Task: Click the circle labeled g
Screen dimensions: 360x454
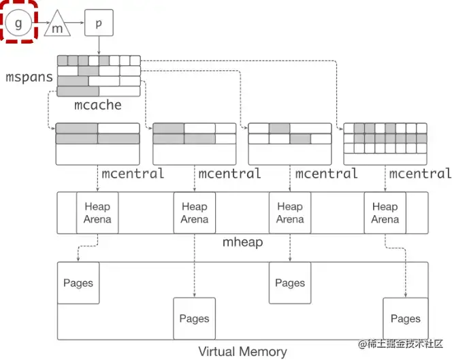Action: (18, 23)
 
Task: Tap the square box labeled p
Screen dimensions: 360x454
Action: (99, 23)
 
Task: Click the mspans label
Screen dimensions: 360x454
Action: (29, 77)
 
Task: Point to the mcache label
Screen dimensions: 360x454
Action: (98, 105)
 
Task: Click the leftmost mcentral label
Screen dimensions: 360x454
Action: (133, 174)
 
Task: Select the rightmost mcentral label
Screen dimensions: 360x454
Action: (421, 174)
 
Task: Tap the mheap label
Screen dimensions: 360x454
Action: (243, 242)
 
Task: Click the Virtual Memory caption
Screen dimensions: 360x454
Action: (242, 351)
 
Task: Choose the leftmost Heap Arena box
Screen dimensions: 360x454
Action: (97, 213)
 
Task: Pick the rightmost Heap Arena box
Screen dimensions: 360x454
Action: (385, 213)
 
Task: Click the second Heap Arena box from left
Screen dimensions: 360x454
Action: (194, 213)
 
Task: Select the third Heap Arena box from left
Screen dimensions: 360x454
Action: (289, 213)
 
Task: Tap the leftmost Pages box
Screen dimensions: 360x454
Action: (78, 283)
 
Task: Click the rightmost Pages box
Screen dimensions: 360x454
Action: (405, 318)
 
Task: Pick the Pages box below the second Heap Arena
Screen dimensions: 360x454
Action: (194, 318)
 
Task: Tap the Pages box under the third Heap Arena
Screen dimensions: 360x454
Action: (289, 283)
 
